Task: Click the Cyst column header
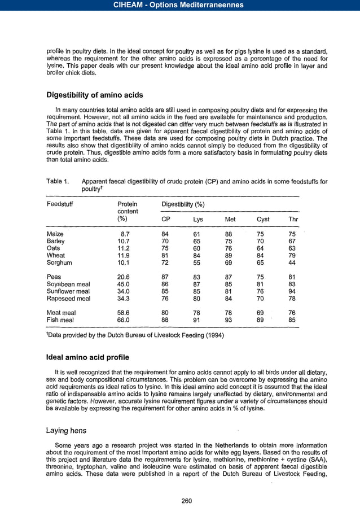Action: click(x=263, y=219)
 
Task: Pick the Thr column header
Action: click(x=293, y=219)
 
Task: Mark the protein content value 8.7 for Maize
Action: click(x=126, y=233)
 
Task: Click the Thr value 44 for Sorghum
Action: click(x=292, y=262)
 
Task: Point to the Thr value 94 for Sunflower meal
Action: click(x=292, y=291)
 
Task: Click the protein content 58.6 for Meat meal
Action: click(x=124, y=312)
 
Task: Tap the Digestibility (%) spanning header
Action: click(x=183, y=203)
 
